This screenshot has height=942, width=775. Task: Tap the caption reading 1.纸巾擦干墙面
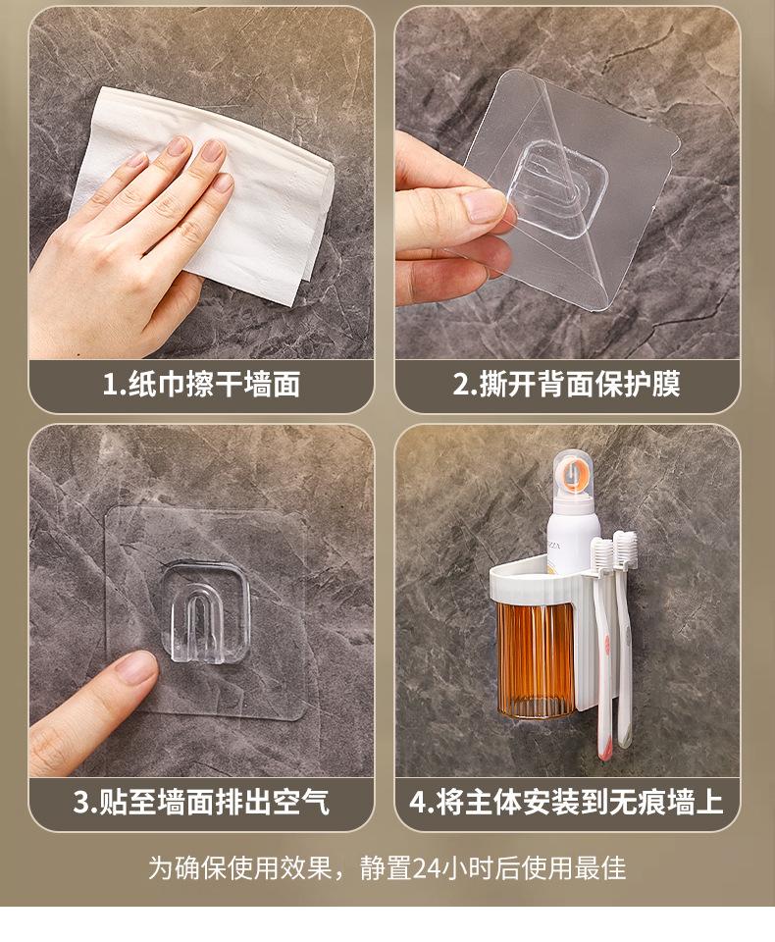[201, 384]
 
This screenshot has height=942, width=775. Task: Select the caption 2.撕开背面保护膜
[566, 384]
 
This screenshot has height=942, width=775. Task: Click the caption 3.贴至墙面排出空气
[201, 802]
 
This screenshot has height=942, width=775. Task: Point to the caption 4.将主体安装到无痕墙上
[566, 802]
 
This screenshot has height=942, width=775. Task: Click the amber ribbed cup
[535, 659]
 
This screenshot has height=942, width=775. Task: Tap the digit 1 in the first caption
[110, 385]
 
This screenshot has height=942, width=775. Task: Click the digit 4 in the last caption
[418, 803]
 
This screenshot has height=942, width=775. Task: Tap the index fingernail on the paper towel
[213, 150]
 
